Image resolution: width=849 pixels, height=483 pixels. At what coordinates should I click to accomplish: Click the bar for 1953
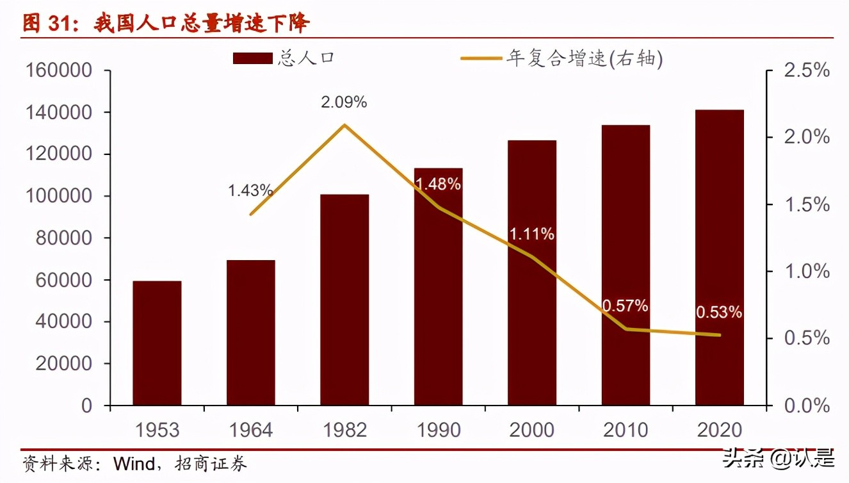point(157,343)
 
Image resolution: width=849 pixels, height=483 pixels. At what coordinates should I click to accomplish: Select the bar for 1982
point(344,299)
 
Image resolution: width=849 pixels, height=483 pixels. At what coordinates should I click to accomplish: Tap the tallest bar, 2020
point(720,258)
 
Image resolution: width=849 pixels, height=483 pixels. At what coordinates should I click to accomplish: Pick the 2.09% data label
point(344,102)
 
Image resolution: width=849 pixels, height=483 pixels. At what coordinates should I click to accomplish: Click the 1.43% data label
point(250,190)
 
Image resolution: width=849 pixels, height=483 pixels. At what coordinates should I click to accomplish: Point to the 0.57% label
point(625,306)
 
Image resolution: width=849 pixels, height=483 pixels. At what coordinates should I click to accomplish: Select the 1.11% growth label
point(531,234)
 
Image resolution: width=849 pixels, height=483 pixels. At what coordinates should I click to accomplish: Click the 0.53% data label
point(718,313)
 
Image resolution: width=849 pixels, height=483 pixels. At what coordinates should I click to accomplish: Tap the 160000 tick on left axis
point(58,70)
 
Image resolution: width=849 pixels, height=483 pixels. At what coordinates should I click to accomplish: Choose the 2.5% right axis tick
point(806,70)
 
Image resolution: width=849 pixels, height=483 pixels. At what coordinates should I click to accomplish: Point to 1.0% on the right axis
point(806,272)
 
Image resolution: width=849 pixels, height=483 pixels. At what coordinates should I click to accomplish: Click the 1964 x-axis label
point(250,429)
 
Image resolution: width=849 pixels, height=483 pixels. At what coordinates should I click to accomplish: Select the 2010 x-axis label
point(626,429)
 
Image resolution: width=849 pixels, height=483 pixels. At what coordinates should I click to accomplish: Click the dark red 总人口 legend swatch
point(254,59)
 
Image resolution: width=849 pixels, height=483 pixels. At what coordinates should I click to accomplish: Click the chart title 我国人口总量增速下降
point(201,24)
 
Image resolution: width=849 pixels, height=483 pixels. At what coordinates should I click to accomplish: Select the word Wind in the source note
point(134,463)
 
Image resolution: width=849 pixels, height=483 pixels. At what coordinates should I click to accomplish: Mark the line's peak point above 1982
point(344,125)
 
